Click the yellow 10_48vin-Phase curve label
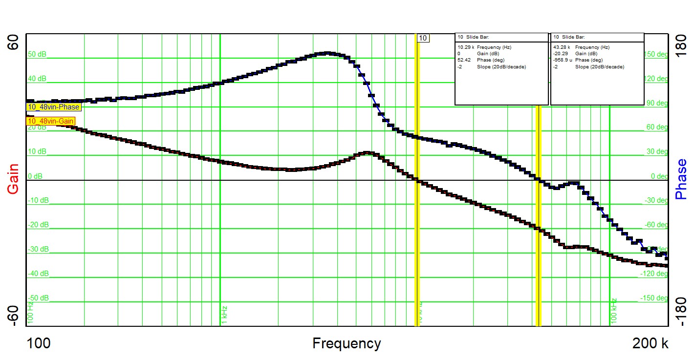point(53,107)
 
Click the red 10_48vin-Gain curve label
point(51,121)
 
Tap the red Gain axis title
point(13,179)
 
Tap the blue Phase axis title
point(681,179)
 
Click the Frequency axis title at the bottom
point(347,344)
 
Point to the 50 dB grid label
point(37,54)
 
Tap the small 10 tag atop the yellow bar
point(423,38)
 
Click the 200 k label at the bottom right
point(651,344)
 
